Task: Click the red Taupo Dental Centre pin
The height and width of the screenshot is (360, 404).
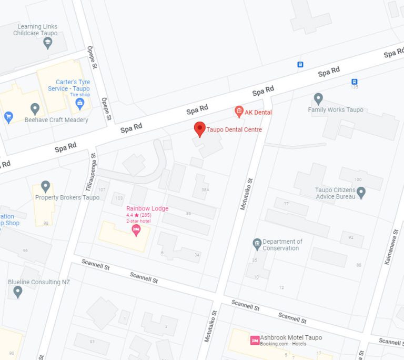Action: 199,128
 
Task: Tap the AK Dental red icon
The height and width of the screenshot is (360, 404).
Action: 239,111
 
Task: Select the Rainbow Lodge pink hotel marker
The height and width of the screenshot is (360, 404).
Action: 136,229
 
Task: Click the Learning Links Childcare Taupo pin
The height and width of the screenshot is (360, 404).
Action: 48,43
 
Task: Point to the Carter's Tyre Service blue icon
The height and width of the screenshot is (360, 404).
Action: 80,103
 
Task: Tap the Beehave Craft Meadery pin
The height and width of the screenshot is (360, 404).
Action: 35,108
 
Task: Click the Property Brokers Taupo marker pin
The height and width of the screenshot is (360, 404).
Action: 46,186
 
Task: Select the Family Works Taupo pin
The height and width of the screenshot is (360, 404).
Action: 318,98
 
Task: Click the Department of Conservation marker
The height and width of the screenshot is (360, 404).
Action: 257,243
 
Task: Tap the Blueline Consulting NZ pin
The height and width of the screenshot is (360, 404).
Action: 18,291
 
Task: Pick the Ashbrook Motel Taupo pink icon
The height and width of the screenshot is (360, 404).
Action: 255,340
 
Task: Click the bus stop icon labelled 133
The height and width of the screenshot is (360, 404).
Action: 355,82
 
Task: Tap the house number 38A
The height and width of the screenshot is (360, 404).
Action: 205,189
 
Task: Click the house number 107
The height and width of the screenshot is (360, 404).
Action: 102,189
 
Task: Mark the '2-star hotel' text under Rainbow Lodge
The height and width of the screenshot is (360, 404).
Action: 138,221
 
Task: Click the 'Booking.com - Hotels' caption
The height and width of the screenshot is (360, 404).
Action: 284,344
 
